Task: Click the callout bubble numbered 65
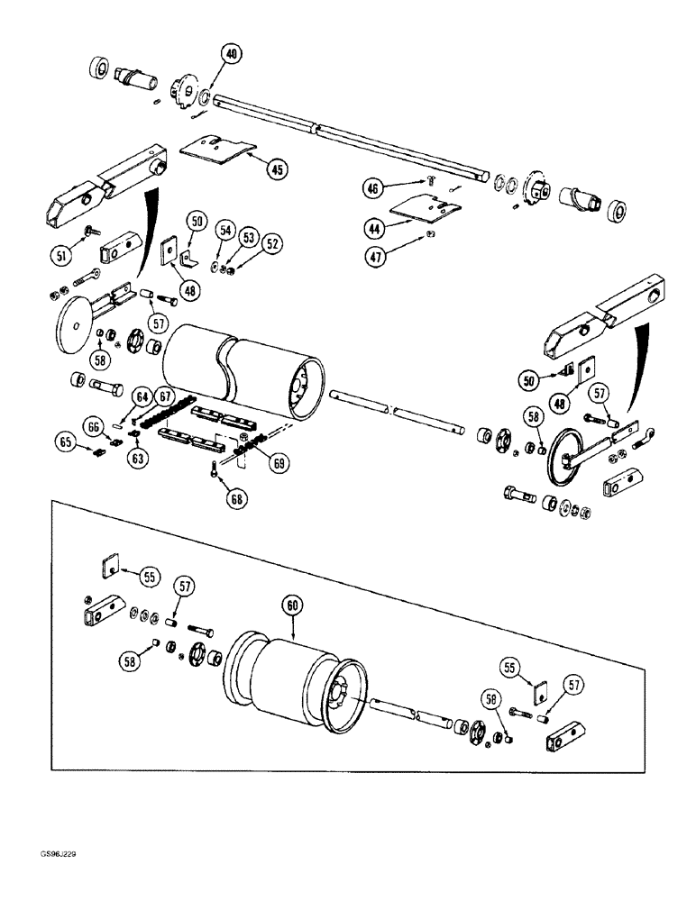[x=63, y=442]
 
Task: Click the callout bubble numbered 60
[x=290, y=606]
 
